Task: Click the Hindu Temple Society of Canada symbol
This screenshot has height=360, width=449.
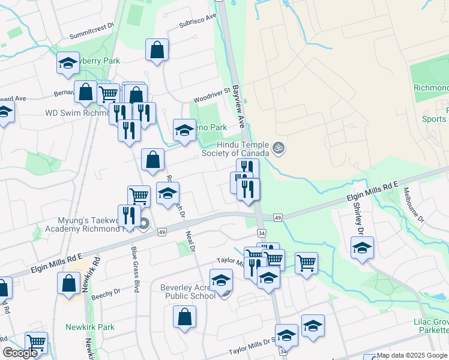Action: coord(278,147)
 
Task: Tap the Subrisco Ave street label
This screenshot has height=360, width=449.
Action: coord(197,22)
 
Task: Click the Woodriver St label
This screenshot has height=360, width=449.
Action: coord(212,95)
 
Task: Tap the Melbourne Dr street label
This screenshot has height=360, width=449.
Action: coord(414,201)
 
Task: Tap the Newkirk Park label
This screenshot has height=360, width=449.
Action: coord(90,327)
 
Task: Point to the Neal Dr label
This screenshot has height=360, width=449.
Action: coord(191,242)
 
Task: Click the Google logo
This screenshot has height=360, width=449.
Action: coord(20,353)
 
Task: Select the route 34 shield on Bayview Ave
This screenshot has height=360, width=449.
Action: coord(261,233)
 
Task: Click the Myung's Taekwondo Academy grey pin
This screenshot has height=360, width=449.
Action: coord(143,224)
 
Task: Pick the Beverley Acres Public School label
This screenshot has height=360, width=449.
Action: coord(188,292)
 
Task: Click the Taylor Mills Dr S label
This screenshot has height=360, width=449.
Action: coord(252,350)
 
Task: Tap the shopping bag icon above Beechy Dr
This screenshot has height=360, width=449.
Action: coord(68,283)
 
